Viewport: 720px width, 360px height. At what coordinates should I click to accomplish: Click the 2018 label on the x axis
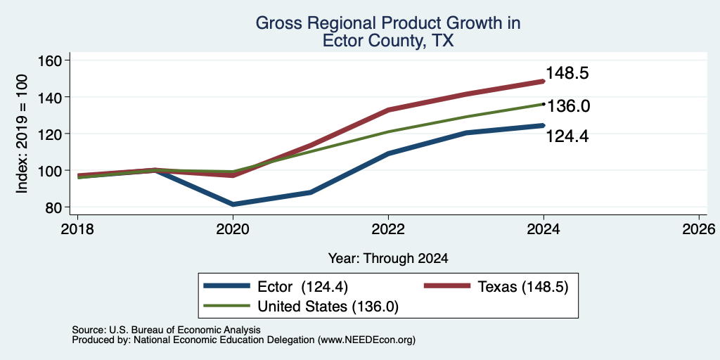pos(77,229)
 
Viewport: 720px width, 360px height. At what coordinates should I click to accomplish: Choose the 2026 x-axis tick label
pos(699,229)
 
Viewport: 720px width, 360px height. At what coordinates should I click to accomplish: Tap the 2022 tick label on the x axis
pos(388,229)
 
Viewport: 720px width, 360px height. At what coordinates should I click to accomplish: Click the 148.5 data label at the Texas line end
pos(567,73)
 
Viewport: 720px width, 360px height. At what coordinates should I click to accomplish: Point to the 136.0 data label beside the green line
pos(568,106)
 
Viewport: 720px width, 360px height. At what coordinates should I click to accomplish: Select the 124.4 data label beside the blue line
pos(567,136)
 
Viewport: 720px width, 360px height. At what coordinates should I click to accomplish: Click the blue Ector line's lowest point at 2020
pos(233,205)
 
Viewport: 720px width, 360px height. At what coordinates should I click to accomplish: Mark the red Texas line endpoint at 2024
pos(544,82)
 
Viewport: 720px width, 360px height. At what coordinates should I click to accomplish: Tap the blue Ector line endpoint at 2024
pos(544,125)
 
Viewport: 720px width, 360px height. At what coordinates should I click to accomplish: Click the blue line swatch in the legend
pos(227,286)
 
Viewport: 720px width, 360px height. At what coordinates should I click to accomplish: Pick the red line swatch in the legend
pos(446,286)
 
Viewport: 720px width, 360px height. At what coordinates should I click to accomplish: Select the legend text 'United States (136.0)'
pos(328,307)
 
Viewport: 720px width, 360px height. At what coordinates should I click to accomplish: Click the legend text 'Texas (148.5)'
pos(523,287)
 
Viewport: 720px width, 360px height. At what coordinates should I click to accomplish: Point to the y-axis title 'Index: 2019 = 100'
pos(22,134)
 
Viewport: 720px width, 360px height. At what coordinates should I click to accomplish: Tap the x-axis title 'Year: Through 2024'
pos(388,259)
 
